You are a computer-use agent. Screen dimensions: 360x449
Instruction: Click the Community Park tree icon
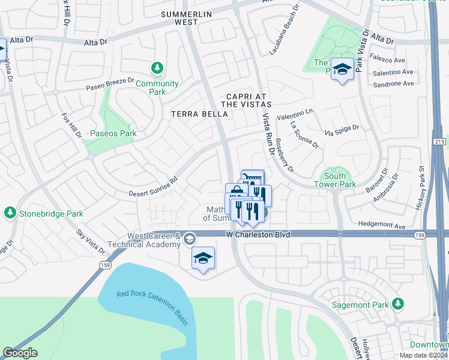(x=157, y=68)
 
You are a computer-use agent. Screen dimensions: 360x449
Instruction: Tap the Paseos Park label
(x=113, y=133)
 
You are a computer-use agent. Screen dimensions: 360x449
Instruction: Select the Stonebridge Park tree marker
(x=10, y=213)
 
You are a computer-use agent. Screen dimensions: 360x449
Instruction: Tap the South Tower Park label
(x=335, y=180)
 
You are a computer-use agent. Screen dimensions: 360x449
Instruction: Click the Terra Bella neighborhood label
(x=196, y=113)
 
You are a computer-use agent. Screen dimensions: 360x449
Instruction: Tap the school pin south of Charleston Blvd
(x=203, y=259)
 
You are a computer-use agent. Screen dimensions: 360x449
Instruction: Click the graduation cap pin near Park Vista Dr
(x=342, y=70)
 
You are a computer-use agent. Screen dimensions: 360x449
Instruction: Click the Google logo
(x=20, y=353)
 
